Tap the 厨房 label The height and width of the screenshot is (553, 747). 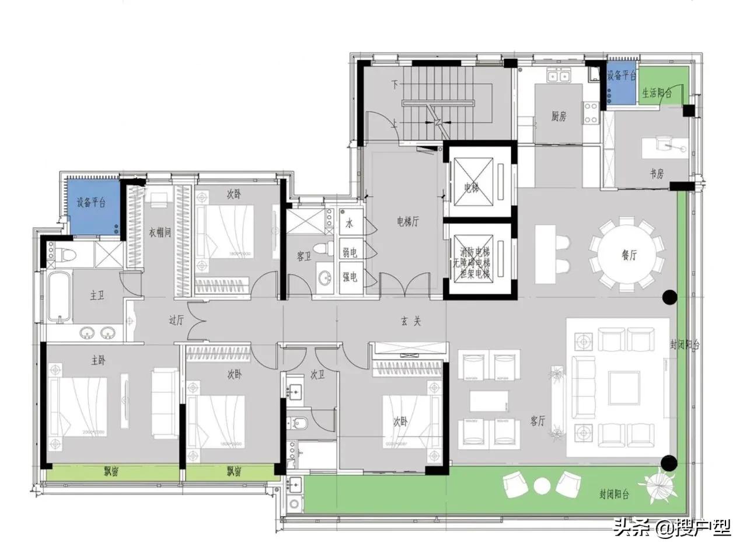(x=558, y=117)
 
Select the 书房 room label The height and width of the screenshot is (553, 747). (x=657, y=174)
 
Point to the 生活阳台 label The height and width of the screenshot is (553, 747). (x=657, y=93)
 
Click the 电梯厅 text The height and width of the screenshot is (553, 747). (x=407, y=221)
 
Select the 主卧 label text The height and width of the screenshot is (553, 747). (x=99, y=361)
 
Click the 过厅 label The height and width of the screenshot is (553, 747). (x=177, y=320)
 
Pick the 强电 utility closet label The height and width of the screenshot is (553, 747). (x=350, y=277)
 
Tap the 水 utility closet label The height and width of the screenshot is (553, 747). (x=350, y=223)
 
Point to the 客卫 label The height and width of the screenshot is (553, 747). (x=304, y=255)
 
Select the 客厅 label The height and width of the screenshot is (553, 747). (x=537, y=421)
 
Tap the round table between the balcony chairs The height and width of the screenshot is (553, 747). (x=542, y=485)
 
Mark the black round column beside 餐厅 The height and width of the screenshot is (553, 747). (x=669, y=297)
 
